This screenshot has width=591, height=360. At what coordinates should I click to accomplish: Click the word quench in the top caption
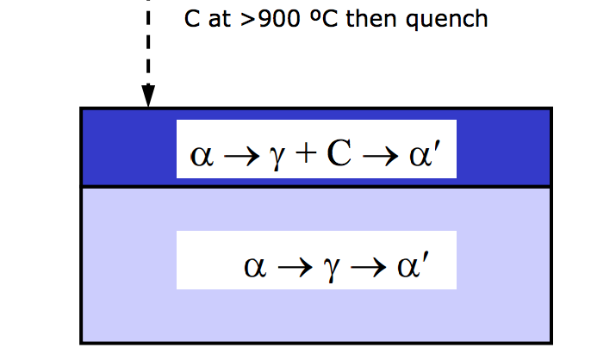[x=453, y=18]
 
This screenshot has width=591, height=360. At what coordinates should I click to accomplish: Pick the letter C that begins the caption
[x=190, y=18]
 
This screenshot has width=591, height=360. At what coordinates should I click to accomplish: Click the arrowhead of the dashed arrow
[x=148, y=97]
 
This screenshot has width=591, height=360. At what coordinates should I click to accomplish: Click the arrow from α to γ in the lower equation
[x=294, y=264]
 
